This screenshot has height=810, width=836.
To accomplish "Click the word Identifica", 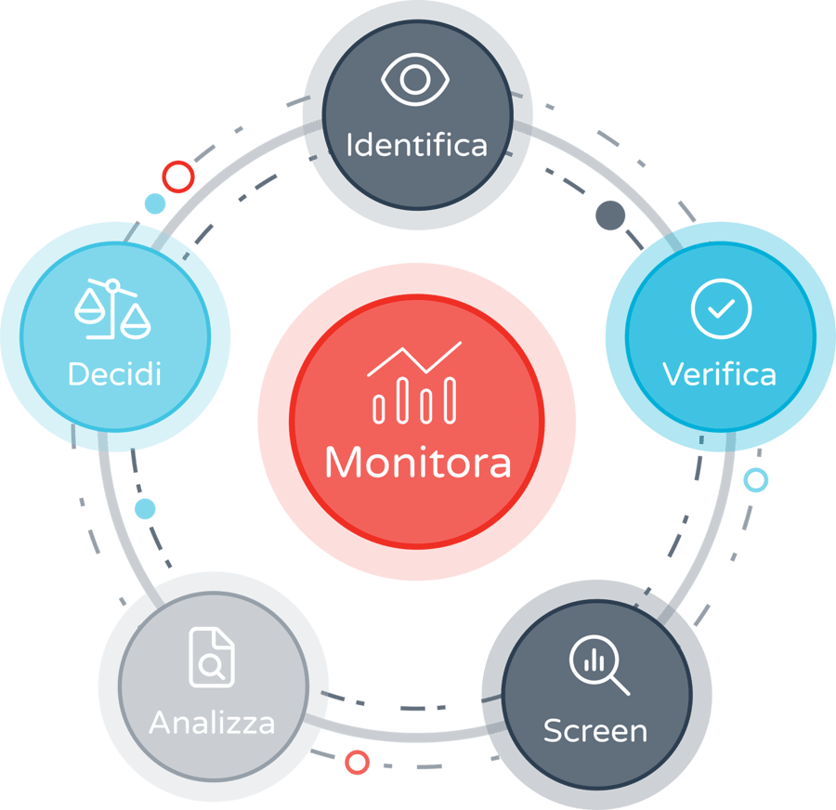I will pyautogui.click(x=416, y=145).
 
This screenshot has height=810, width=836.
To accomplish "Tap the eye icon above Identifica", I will pyautogui.click(x=415, y=82).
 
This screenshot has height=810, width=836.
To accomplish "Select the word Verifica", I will pyautogui.click(x=719, y=373).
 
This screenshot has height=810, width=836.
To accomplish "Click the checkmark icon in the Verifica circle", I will pyautogui.click(x=721, y=308).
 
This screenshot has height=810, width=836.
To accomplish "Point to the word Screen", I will pyautogui.click(x=594, y=730).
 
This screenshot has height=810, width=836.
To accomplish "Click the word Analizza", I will pyautogui.click(x=212, y=722).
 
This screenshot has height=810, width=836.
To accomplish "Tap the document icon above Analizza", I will pyautogui.click(x=211, y=658).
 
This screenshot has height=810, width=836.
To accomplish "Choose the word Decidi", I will pyautogui.click(x=114, y=373).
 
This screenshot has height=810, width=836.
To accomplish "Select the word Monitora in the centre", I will pyautogui.click(x=417, y=462).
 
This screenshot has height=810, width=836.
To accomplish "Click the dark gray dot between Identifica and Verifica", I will pyautogui.click(x=610, y=216).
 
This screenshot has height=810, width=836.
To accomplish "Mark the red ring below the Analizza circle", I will pyautogui.click(x=357, y=763).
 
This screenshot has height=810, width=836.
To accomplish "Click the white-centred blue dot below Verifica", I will pyautogui.click(x=756, y=480).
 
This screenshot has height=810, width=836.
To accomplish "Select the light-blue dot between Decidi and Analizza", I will pyautogui.click(x=145, y=508).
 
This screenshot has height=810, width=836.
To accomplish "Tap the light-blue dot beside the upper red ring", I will pyautogui.click(x=155, y=203).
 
